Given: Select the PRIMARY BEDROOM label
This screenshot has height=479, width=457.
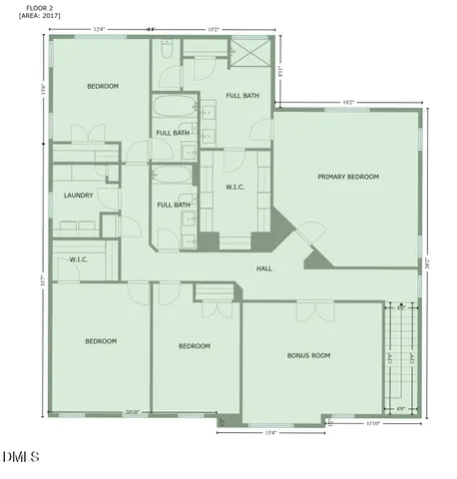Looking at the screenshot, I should [x=348, y=177].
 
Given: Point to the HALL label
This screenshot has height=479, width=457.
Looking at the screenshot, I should [x=264, y=268].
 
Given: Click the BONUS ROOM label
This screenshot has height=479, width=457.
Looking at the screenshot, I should [x=308, y=355].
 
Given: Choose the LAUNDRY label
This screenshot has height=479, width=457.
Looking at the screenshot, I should [x=79, y=196].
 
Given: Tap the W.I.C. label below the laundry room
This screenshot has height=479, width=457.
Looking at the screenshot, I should [x=80, y=259].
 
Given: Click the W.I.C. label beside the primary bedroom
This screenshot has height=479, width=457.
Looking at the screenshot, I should [x=236, y=187].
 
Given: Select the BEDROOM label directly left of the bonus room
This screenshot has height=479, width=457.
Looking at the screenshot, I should [x=194, y=346].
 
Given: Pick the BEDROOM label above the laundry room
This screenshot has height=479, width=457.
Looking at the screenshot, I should [x=103, y=87].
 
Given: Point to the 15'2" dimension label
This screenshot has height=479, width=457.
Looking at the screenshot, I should [x=213, y=30].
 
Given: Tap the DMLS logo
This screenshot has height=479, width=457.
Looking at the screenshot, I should [x=20, y=458].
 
